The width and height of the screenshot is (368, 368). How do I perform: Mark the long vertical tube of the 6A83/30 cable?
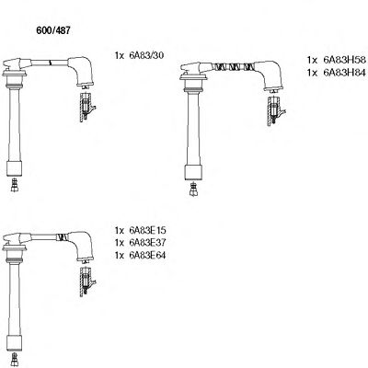pyautogui.click(x=15, y=120)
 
